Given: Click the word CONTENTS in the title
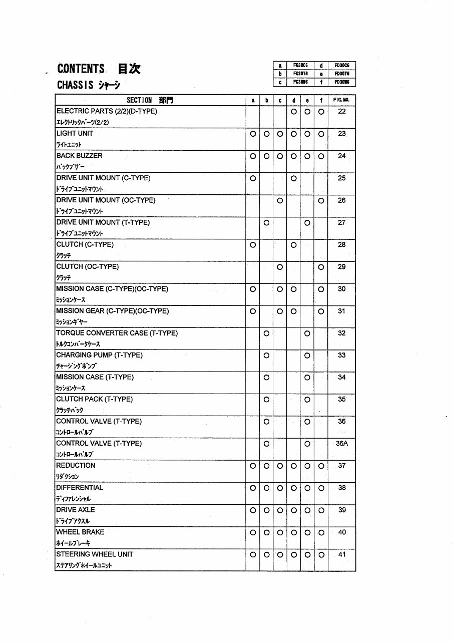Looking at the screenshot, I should coord(81,69).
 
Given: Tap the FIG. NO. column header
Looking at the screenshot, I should coord(341,100).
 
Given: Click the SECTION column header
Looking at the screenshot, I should coord(139,100).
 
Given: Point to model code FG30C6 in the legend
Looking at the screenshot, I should coord(300,66).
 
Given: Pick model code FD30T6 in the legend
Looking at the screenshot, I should coord(341,74).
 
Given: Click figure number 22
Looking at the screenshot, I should coord(341,111).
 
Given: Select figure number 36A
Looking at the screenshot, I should coord(341,443).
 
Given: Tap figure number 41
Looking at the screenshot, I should coord(341,554).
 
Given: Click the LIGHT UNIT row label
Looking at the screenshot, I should coord(75,134).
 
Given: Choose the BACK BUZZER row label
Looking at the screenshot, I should coord(79,156).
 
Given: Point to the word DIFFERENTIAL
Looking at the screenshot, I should coord(80,488).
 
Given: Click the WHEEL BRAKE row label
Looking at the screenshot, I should coord(80,532).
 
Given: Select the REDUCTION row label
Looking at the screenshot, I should coord(76,466).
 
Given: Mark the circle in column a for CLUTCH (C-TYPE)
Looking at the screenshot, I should coord(253,245).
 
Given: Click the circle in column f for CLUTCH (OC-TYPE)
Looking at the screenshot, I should coord(321,267).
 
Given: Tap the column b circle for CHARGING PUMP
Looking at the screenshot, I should coord(266,355).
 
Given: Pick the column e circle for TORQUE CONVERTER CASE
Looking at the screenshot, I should coord(307,333).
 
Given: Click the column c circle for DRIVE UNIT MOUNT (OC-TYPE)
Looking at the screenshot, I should coord(280,200).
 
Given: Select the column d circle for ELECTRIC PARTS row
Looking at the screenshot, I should coord(293,111).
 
